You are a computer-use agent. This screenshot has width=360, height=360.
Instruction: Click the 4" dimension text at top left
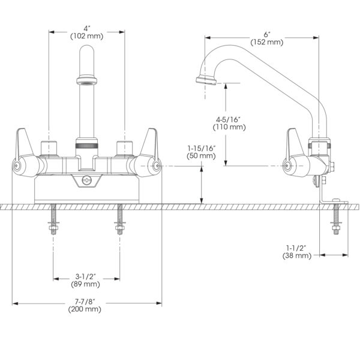point(87,28)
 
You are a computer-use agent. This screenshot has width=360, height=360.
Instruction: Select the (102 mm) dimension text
point(87,36)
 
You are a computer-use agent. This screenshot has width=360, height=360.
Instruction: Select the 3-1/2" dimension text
point(87,277)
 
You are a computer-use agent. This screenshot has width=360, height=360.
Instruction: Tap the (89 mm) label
point(87,284)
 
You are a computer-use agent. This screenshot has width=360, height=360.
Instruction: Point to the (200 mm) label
point(87,309)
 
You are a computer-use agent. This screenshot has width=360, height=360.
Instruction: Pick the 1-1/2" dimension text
point(297,247)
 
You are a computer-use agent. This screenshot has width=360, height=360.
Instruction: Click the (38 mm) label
point(297,256)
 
